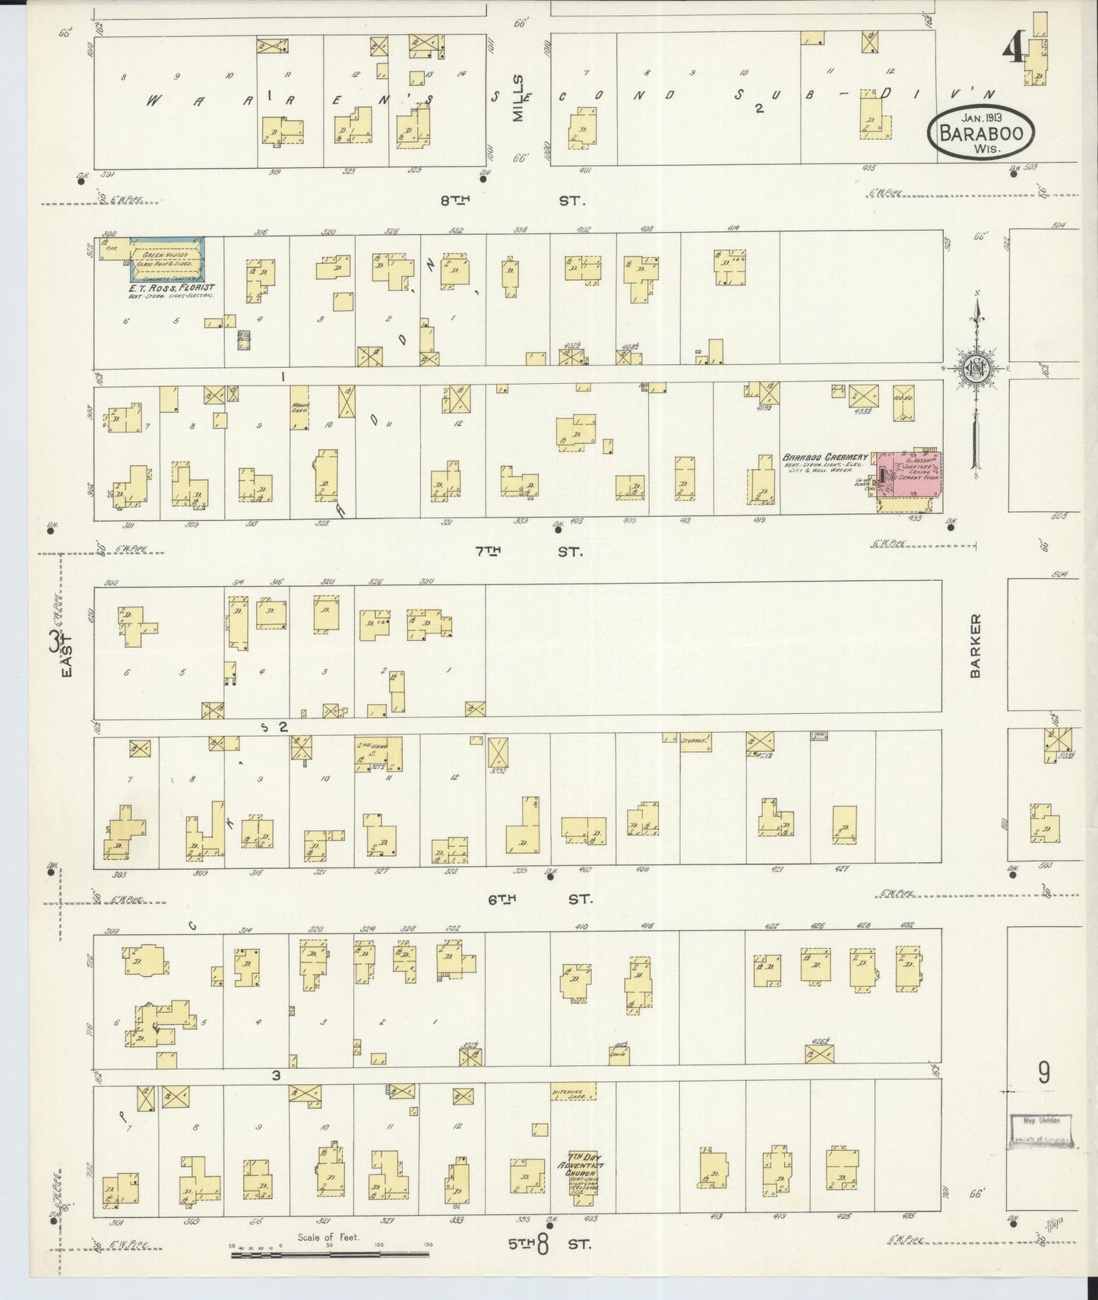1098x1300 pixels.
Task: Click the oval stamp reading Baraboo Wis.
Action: click(x=980, y=133)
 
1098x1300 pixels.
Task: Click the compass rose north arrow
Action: click(x=974, y=369)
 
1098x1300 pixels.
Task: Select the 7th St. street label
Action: click(x=528, y=551)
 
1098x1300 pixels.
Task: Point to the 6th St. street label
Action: click(x=540, y=899)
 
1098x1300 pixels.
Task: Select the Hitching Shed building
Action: click(x=574, y=1092)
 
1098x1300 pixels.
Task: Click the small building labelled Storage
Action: click(x=695, y=741)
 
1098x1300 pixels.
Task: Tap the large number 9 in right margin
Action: click(x=1044, y=1073)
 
